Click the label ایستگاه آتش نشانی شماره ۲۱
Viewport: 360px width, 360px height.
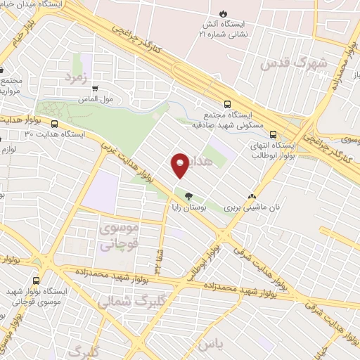pyautogui.click(x=225, y=29)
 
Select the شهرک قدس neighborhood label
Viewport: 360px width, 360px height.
pyautogui.click(x=295, y=64)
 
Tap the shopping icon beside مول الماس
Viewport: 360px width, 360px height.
pyautogui.click(x=95, y=89)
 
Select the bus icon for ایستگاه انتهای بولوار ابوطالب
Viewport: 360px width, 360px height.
pyautogui.click(x=273, y=136)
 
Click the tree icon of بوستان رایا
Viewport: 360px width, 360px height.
pyautogui.click(x=188, y=196)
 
